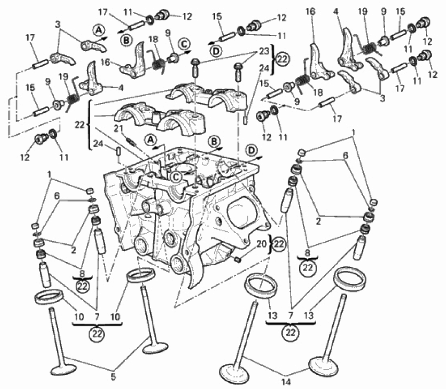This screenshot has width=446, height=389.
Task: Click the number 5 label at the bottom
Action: [x=114, y=377]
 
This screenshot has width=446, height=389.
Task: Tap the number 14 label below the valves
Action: [x=286, y=382]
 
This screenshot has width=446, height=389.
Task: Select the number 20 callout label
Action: [x=262, y=244]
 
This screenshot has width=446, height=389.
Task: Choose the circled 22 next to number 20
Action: [x=279, y=244]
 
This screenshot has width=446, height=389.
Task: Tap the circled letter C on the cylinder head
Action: [x=177, y=177]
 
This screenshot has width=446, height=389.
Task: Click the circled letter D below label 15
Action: [x=216, y=51]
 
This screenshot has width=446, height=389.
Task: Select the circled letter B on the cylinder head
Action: [x=214, y=142]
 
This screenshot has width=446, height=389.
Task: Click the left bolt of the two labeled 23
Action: [x=195, y=68]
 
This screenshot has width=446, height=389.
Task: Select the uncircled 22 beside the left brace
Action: [x=80, y=124]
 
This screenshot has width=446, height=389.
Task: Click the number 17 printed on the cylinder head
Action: [x=171, y=157]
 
